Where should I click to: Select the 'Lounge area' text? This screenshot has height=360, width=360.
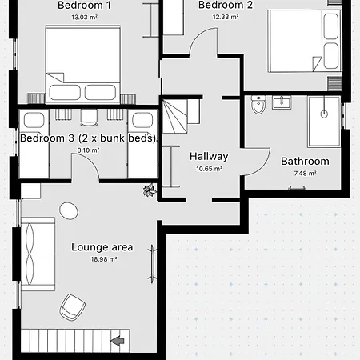click(x=102, y=247)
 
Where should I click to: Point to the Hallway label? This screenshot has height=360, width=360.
click(x=209, y=157)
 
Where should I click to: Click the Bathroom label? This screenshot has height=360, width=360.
click(x=305, y=161)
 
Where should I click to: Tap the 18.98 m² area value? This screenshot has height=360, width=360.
click(x=103, y=259)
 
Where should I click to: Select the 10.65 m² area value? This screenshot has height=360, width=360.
click(x=209, y=169)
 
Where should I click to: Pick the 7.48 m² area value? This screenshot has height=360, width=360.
click(x=305, y=173)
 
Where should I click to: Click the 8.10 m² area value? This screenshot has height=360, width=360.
click(x=89, y=150)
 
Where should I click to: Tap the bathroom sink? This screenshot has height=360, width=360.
click(x=281, y=102)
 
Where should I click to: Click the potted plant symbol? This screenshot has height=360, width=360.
click(x=149, y=190)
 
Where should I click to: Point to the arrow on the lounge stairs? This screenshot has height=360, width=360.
click(x=118, y=342)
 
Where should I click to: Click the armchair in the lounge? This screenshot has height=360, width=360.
click(x=74, y=306)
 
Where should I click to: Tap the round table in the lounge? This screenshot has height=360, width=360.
click(x=70, y=210)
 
